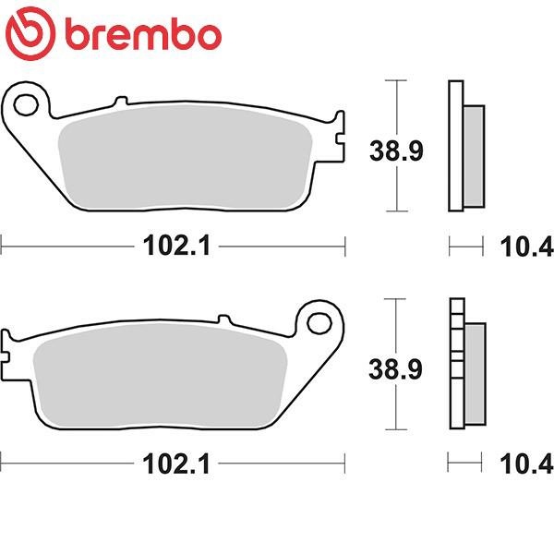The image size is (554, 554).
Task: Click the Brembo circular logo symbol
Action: [x=30, y=33]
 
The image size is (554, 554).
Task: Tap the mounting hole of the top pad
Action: [x=26, y=105]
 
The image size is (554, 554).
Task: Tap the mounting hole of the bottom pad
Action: [x=319, y=323]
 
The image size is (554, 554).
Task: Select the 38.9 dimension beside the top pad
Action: [x=396, y=151]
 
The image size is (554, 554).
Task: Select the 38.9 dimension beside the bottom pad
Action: [x=395, y=369]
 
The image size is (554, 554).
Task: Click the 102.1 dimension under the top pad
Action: [x=176, y=246]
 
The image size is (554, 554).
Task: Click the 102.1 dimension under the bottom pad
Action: [x=176, y=464]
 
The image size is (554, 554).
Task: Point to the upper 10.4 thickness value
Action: [x=526, y=247]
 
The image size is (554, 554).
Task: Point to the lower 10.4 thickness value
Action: [x=526, y=464]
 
